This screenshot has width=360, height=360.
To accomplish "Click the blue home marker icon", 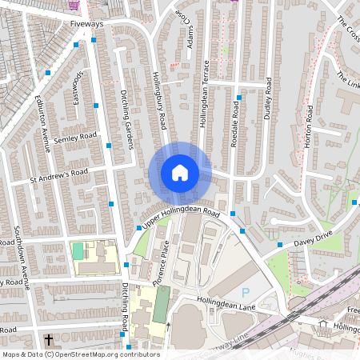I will pos(179,173).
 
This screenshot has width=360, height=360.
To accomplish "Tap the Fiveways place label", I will pos(86,25).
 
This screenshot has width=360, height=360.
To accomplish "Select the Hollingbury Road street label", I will pos(160,102).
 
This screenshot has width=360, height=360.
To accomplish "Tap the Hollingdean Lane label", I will pos(226,298).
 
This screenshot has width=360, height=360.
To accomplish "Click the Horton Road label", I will pos(308,128).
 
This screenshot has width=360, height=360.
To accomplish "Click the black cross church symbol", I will pos(49,341).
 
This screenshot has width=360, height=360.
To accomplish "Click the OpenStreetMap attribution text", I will pos(81,354).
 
